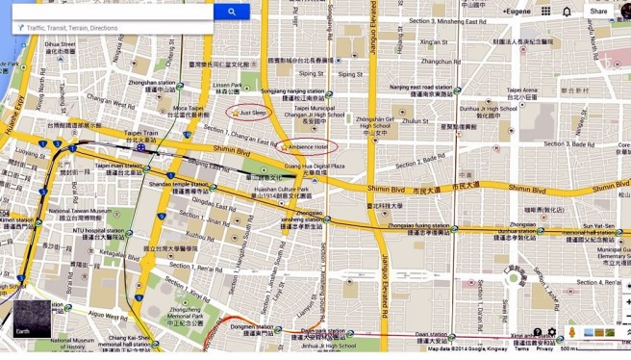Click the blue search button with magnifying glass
pos(232,12)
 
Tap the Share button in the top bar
pos(598,12)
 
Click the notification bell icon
pos(567,12)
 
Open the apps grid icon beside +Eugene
pos(545,12)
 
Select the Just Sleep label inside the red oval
pos(252,113)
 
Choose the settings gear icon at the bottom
pos(552,333)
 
